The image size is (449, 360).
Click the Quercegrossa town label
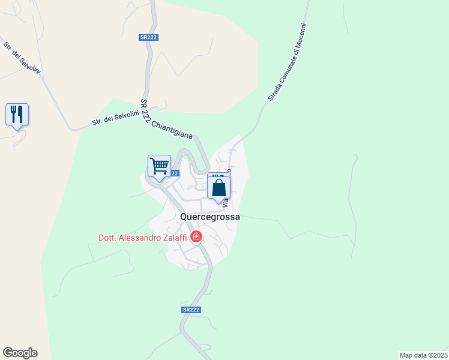pyautogui.click(x=210, y=217)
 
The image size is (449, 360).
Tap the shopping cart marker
pyautogui.click(x=159, y=166)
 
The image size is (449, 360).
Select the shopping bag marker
pyautogui.click(x=219, y=187)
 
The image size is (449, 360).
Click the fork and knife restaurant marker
pyautogui.click(x=17, y=114)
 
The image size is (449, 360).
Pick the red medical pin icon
pyautogui.click(x=196, y=238)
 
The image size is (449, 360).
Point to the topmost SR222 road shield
pyautogui.click(x=148, y=37)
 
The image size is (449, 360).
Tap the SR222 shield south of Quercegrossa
pyautogui.click(x=190, y=310)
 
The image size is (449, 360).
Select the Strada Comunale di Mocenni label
pyautogui.click(x=288, y=62)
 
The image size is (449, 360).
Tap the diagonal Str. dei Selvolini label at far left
pyautogui.click(x=22, y=59)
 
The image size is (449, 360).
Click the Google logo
pyautogui.click(x=20, y=353)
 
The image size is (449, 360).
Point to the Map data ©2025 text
pyautogui.click(x=423, y=355)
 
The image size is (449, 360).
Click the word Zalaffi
pyautogui.click(x=174, y=238)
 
